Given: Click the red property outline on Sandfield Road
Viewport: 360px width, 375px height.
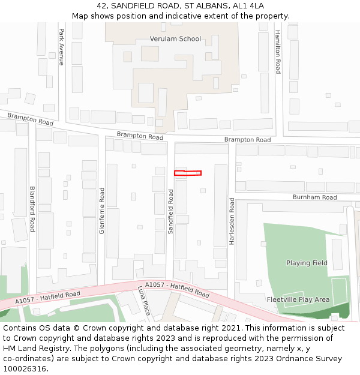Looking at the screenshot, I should click(188, 173).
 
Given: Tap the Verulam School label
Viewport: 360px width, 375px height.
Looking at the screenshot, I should click(175, 39).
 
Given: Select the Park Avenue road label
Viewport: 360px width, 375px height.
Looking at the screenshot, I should click(61, 46).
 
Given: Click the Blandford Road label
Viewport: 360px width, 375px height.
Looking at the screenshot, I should click(32, 208).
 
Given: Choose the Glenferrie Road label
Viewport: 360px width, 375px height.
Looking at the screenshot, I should click(102, 211).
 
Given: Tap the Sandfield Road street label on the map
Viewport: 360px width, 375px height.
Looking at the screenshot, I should click(170, 211).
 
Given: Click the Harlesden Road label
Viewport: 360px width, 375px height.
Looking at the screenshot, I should click(232, 223).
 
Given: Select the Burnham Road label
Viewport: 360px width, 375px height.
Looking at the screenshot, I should click(314, 197).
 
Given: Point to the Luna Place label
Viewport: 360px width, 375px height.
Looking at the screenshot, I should click(144, 300).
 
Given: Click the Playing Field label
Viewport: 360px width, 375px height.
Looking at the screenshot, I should click(307, 263).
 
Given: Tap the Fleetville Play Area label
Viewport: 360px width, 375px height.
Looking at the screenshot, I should click(298, 299).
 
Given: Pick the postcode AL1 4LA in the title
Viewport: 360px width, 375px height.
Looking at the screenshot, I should click(248, 6).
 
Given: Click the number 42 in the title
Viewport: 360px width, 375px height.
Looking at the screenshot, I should click(101, 6).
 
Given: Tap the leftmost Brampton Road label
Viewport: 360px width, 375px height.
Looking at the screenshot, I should click(30, 118).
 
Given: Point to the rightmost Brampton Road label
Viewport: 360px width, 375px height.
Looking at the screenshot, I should click(247, 139).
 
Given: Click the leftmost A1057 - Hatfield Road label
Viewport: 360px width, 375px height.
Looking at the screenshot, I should click(47, 297).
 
